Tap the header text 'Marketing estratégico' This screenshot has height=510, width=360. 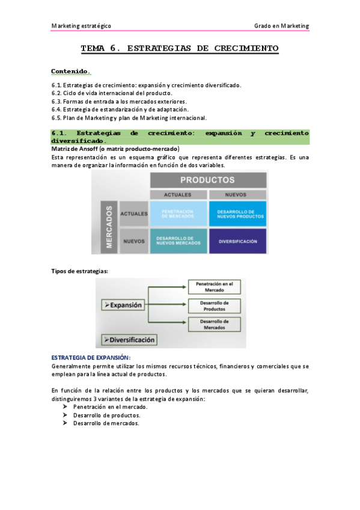81,26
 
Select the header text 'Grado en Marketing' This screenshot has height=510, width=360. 281,26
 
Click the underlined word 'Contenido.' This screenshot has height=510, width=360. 71,71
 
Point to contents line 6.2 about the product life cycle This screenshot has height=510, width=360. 112,93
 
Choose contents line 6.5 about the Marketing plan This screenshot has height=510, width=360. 129,118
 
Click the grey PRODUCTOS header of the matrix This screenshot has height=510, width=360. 207,179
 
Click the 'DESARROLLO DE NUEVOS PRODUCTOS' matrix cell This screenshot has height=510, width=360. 236,214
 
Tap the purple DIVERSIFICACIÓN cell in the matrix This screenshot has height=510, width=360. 236,241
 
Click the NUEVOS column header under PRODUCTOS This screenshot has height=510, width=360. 236,194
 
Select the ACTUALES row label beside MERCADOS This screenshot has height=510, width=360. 134,214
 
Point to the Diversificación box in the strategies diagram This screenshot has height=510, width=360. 129,339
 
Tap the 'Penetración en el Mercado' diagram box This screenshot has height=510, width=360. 215,286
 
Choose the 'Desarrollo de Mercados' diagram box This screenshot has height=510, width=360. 215,325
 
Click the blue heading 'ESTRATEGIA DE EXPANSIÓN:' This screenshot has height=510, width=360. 91,357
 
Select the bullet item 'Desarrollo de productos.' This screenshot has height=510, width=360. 107,415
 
